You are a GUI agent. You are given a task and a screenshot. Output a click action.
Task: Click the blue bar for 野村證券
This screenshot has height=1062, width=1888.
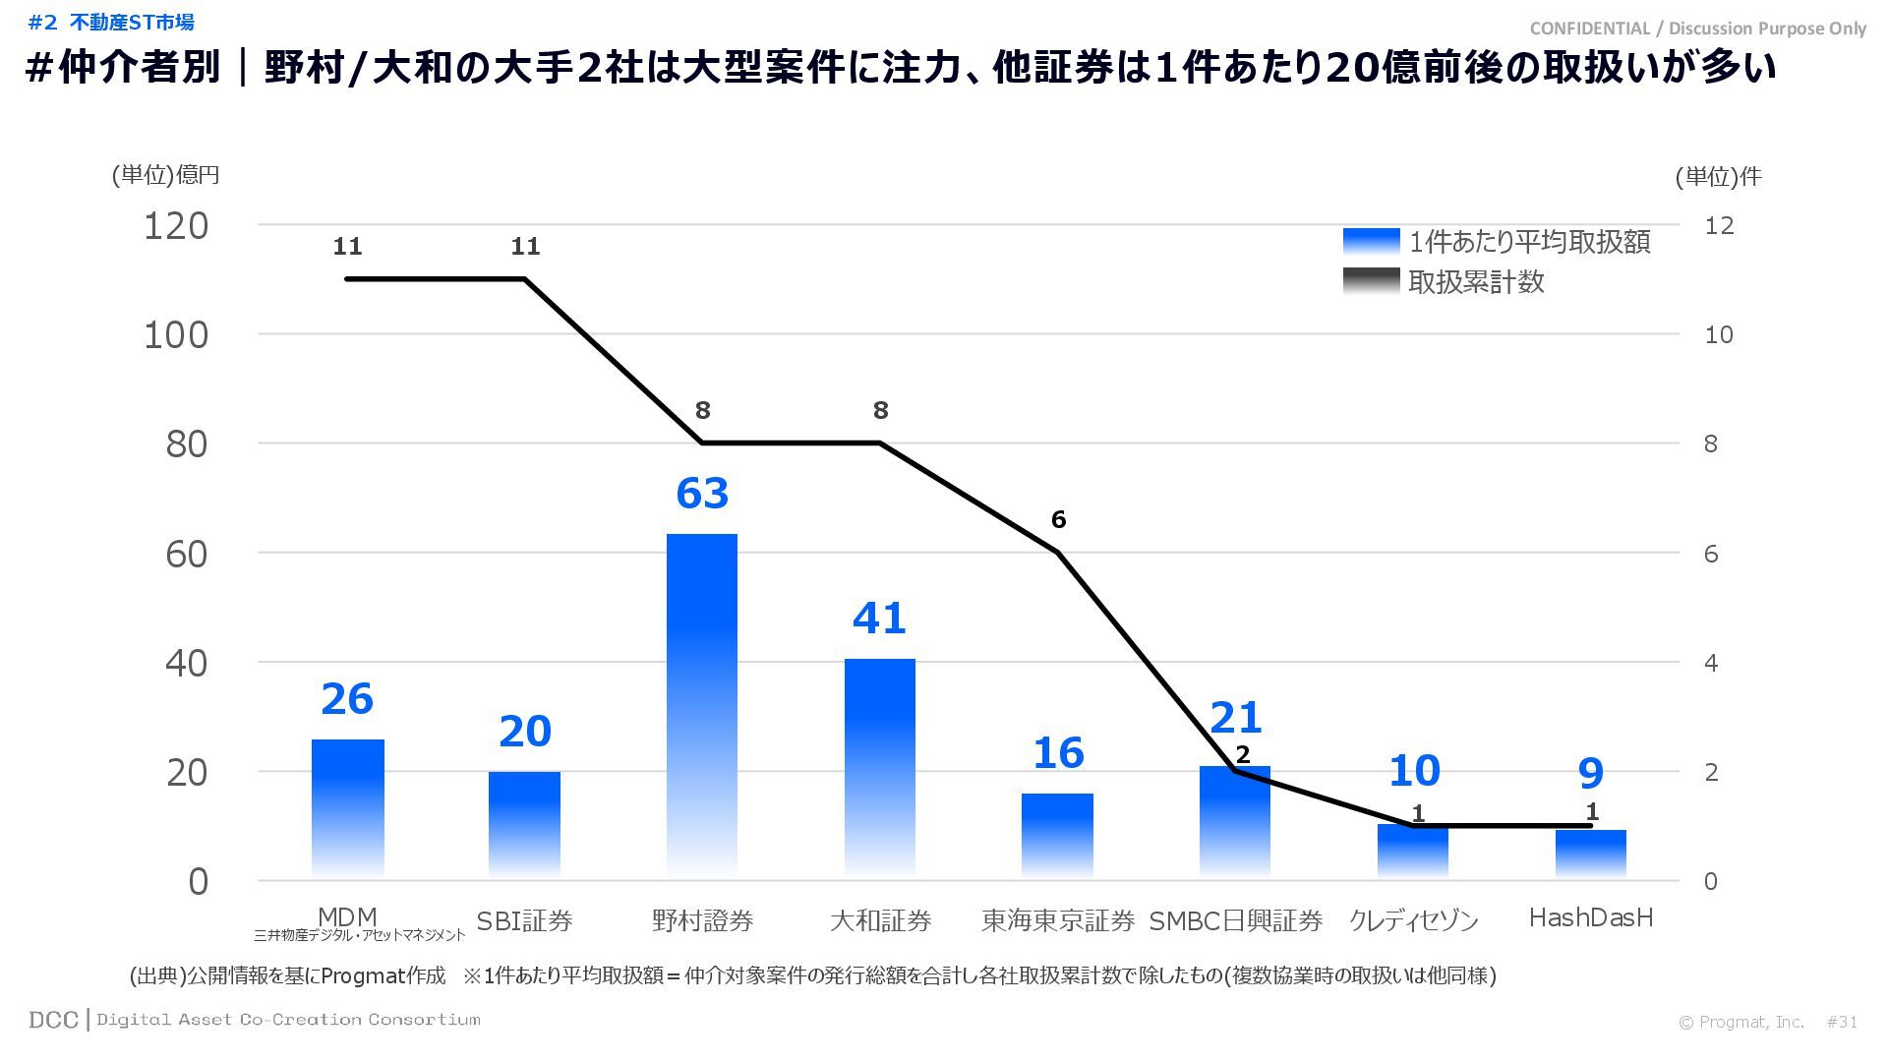click(x=702, y=703)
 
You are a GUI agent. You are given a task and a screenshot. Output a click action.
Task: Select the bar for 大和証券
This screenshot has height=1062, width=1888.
click(x=880, y=767)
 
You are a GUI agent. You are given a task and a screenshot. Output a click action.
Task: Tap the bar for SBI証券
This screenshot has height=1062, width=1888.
click(x=524, y=824)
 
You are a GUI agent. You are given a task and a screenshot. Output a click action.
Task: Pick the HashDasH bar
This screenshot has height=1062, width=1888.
click(x=1590, y=854)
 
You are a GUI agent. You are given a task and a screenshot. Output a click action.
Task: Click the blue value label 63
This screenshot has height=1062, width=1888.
click(x=702, y=494)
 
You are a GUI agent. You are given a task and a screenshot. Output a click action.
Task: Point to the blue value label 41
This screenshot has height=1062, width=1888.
click(x=879, y=619)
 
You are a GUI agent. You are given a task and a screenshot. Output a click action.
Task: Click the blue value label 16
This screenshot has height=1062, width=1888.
click(x=1058, y=753)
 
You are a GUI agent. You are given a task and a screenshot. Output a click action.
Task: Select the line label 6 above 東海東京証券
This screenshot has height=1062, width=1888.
click(x=1058, y=519)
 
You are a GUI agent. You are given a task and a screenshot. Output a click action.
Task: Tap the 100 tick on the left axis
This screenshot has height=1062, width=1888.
click(x=177, y=335)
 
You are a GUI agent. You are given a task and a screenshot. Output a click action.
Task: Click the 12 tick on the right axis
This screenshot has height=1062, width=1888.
click(x=1719, y=226)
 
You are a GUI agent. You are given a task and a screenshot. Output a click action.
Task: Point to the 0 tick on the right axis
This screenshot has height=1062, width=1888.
click(x=1711, y=881)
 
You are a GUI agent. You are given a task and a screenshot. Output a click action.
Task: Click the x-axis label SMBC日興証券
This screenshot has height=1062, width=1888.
click(x=1236, y=920)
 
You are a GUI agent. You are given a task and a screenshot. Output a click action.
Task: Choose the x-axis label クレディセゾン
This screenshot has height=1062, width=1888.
click(x=1414, y=920)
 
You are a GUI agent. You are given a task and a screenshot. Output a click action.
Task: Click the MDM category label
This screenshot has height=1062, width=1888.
click(x=347, y=917)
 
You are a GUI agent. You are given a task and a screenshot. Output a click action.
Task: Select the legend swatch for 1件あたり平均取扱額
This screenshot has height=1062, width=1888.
click(x=1371, y=242)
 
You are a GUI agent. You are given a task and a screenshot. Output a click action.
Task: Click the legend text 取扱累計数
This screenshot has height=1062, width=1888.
click(x=1476, y=282)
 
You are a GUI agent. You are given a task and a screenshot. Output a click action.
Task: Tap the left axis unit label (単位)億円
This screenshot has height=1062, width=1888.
click(x=165, y=175)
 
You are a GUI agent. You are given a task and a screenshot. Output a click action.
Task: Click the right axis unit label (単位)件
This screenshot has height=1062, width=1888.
click(x=1718, y=177)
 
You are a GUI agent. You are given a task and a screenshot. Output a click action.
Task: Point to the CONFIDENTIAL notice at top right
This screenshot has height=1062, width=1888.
click(x=1697, y=29)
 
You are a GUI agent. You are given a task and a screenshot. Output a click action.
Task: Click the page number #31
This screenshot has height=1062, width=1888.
click(x=1842, y=1022)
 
